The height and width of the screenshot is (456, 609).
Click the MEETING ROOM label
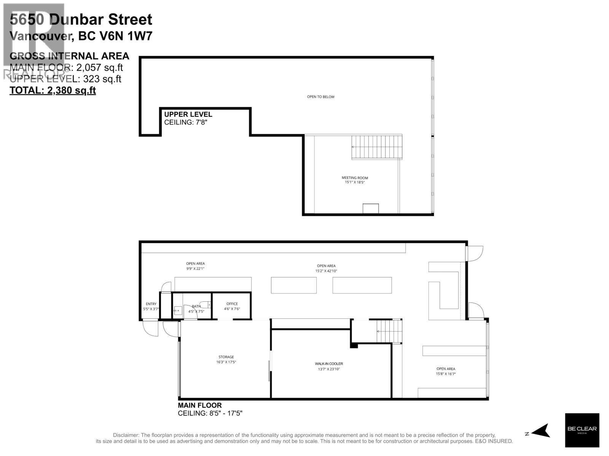tap(355, 177)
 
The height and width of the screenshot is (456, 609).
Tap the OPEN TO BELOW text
tap(320, 97)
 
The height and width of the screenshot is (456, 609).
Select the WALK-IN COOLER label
tap(328, 364)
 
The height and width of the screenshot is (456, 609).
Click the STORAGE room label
tap(226, 357)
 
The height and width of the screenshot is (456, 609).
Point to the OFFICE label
tap(232, 304)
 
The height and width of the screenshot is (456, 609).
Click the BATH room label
tap(196, 306)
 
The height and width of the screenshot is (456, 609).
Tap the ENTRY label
tap(151, 304)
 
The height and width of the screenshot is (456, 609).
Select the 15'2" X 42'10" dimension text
tap(326, 271)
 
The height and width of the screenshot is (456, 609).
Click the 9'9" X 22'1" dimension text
tap(195, 269)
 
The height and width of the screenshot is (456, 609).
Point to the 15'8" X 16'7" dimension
tap(446, 374)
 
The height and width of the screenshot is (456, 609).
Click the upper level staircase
tap(376, 147)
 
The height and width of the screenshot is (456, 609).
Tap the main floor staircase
tap(389, 331)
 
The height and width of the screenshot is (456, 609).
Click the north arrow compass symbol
tap(540, 431)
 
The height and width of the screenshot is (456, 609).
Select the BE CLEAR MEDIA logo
tap(582, 430)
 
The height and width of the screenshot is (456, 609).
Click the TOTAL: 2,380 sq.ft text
tap(53, 90)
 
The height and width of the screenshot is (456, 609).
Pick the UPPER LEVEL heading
tap(188, 114)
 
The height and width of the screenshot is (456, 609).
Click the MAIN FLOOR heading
tap(199, 405)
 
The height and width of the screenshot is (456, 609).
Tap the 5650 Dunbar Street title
tap(81, 19)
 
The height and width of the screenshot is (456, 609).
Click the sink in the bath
tap(178, 310)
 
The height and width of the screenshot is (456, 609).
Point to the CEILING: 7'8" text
tap(185, 122)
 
